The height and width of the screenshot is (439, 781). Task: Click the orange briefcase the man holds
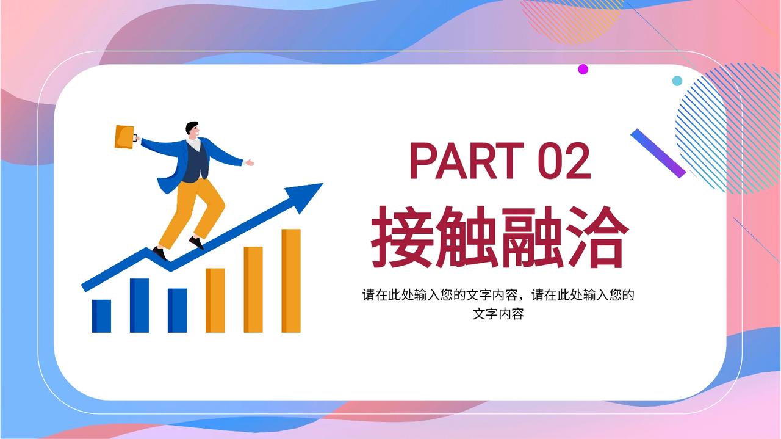coord(125,137)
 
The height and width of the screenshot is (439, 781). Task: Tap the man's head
coord(193,130)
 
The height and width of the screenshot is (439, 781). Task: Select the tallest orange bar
coord(291,281)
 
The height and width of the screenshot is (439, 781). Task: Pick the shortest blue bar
coord(101,316)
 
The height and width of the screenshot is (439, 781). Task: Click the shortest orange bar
coord(215,300)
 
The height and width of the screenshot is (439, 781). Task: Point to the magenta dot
coord(583,69)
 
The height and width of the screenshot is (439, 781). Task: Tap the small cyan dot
coord(677,81)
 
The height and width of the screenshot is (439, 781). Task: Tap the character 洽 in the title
coord(597,237)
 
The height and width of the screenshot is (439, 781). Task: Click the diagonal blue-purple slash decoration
coord(658,153)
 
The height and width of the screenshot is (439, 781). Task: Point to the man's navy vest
coord(195,162)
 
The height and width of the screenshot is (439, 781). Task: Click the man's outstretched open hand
coord(249,162)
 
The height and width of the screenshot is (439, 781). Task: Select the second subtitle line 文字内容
coord(498,314)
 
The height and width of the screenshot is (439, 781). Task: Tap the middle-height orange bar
coord(253,289)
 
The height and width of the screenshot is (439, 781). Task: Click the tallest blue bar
coord(140,305)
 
